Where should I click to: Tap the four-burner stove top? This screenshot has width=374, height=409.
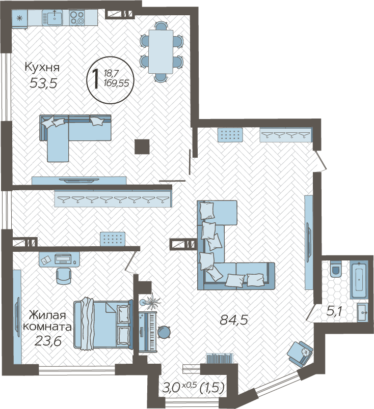pyautogui.click(x=77, y=18)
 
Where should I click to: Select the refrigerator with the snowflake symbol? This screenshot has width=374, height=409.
pyautogui.click(x=19, y=18)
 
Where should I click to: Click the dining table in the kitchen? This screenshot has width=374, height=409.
pyautogui.click(x=161, y=52)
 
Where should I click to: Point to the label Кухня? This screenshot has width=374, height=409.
pyautogui.click(x=42, y=67)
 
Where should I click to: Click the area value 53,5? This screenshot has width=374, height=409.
pyautogui.click(x=43, y=83)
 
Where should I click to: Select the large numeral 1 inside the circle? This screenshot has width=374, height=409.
pyautogui.click(x=96, y=79)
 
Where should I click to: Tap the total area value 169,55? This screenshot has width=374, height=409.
pyautogui.click(x=116, y=83)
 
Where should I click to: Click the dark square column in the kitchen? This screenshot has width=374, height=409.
pyautogui.click(x=142, y=147)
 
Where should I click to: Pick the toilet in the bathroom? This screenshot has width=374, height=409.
pyautogui.click(x=336, y=269)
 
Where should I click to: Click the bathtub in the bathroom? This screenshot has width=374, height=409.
pyautogui.click(x=359, y=279)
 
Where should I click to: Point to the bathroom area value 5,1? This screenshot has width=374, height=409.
pyautogui.click(x=334, y=311)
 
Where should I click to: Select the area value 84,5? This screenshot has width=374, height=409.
pyautogui.click(x=233, y=319)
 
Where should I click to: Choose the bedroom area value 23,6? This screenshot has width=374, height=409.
pyautogui.click(x=48, y=341)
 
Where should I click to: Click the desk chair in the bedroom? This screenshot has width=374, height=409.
pyautogui.click(x=64, y=276)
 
